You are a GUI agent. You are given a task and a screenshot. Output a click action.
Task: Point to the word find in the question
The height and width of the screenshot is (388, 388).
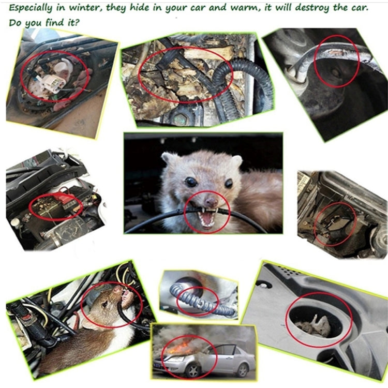(x=49, y=23)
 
